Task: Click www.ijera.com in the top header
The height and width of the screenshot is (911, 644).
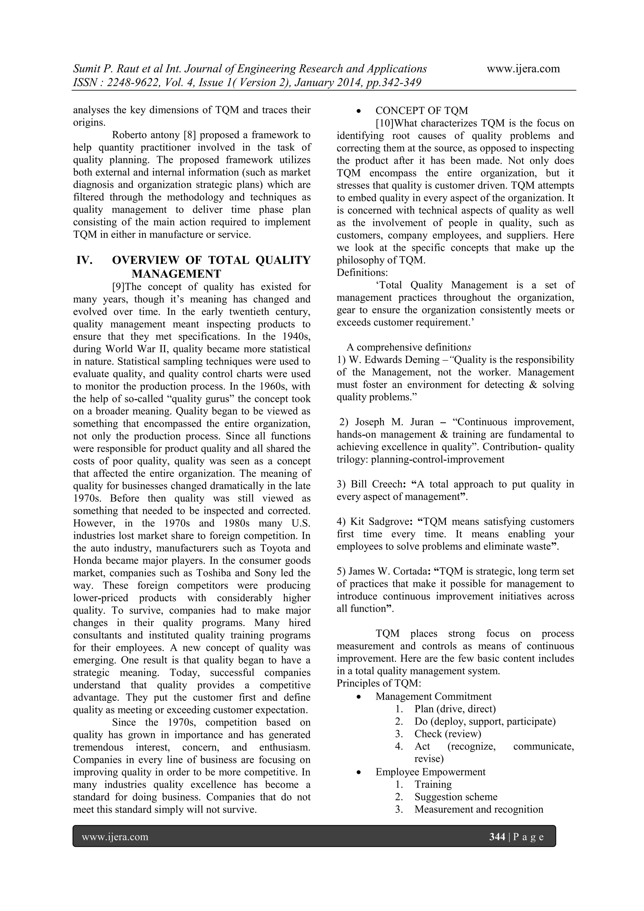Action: [523, 69]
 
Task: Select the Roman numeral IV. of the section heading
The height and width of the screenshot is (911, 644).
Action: [85, 260]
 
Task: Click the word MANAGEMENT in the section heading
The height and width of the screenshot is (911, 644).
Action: [176, 274]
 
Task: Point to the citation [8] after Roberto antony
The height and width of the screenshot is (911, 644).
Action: [190, 135]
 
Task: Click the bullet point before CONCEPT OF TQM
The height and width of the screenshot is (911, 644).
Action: [358, 111]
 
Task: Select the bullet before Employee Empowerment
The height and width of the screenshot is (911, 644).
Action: [358, 773]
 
